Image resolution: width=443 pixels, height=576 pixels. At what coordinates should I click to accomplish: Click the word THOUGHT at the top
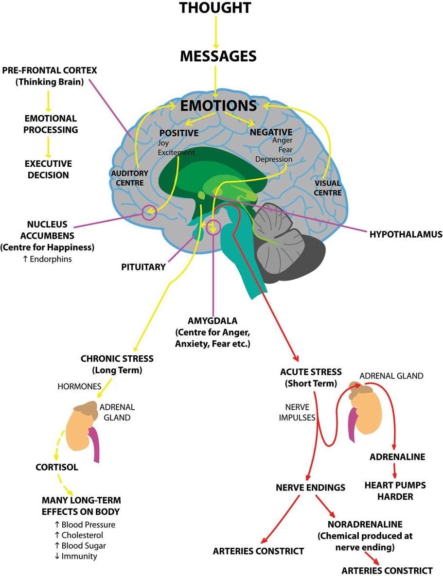click(215, 8)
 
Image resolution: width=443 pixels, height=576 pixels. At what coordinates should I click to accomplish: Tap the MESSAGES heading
click(218, 56)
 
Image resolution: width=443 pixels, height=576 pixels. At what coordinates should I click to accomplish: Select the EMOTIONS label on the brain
click(218, 105)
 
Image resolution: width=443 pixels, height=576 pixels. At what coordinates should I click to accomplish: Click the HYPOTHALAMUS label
click(406, 234)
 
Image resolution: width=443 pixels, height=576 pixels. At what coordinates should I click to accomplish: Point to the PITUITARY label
click(143, 267)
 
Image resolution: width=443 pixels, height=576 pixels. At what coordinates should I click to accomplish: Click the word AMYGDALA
click(213, 321)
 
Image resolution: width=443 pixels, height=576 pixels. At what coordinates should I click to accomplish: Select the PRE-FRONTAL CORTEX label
click(50, 70)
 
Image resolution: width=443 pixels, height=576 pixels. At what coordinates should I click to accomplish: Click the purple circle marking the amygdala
click(213, 227)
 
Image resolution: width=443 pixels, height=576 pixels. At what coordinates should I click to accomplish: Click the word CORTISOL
click(57, 468)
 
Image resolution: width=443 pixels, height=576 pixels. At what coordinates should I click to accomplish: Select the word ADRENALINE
click(397, 457)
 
